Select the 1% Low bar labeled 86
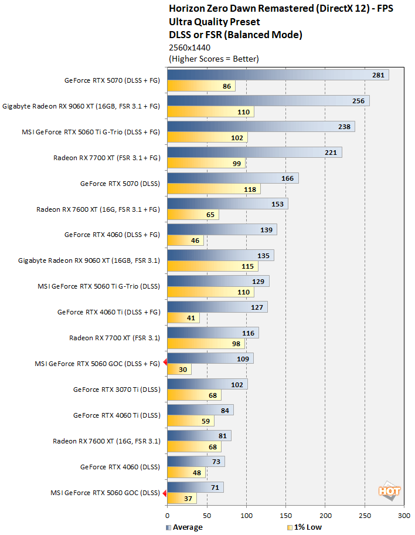201,86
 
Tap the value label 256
358,101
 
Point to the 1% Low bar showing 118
213,189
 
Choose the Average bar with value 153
227,204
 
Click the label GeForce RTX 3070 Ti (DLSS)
116,389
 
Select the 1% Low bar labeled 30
179,370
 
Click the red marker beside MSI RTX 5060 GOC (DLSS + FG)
165,363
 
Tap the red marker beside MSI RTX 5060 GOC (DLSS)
165,493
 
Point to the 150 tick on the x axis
285,515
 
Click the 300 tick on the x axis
404,515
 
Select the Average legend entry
184,527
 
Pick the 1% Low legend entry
305,527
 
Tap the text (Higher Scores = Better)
213,59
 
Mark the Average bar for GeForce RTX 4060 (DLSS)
196,462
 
